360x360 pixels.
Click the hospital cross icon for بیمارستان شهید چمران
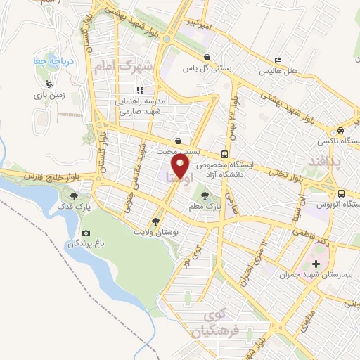point(316,265)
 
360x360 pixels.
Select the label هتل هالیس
point(278,72)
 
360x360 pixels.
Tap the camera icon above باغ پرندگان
point(86,233)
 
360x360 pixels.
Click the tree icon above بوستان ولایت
point(155,220)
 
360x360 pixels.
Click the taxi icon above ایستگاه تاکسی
point(339,130)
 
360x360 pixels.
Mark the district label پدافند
point(325,162)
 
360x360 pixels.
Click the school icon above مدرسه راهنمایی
point(140,90)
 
